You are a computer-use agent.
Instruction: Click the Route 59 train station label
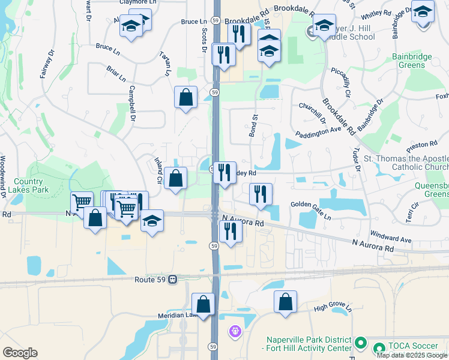click(x=151, y=279)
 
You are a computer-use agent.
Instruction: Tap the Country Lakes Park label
click(x=28, y=186)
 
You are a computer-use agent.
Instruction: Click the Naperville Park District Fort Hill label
click(x=307, y=344)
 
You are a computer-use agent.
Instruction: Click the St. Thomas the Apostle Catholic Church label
click(x=406, y=163)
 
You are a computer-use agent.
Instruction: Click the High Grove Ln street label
click(x=331, y=309)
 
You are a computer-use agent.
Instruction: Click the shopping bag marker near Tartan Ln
click(x=186, y=97)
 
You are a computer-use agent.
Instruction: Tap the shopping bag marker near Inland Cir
click(x=175, y=178)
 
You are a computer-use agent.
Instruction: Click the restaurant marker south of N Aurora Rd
click(x=231, y=231)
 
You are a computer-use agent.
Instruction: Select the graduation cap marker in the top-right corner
click(x=423, y=11)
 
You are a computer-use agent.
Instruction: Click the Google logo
click(x=20, y=353)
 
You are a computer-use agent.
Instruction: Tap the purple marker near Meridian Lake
click(x=235, y=331)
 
